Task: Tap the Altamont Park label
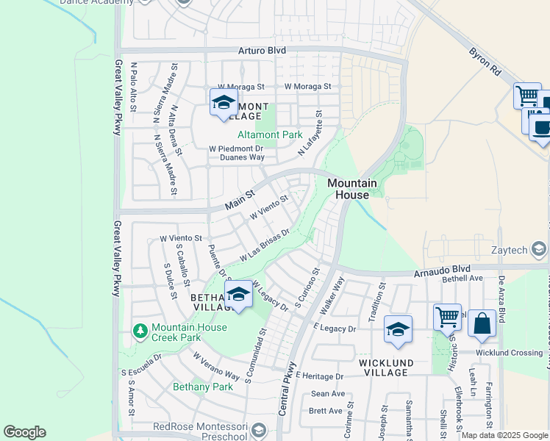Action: click(x=270, y=135)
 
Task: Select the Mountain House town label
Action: click(x=351, y=189)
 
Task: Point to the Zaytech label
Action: click(x=512, y=250)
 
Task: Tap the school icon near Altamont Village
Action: click(x=223, y=102)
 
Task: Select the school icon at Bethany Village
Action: click(x=238, y=295)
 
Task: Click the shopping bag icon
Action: click(x=482, y=324)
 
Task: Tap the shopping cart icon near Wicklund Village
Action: click(x=447, y=318)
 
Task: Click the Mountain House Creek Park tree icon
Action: click(x=140, y=332)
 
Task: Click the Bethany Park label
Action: click(x=202, y=387)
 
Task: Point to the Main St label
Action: click(x=239, y=198)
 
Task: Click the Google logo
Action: click(x=24, y=432)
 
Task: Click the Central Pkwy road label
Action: click(x=287, y=390)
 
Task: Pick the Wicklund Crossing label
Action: click(x=509, y=353)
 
